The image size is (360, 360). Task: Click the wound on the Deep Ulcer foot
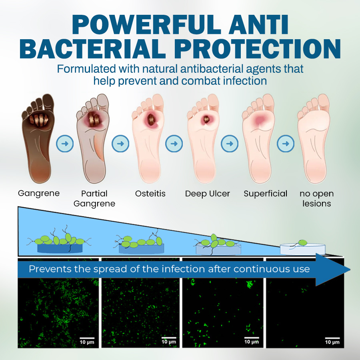click(x=207, y=118)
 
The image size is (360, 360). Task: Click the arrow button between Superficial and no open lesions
click(x=286, y=144)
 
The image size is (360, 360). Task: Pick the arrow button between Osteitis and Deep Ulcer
click(x=174, y=144)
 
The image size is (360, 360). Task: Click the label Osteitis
click(x=150, y=194)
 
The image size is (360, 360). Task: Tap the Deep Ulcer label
click(x=208, y=194)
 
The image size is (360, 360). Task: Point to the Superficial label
click(x=266, y=194)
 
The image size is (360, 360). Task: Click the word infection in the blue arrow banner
click(x=184, y=269)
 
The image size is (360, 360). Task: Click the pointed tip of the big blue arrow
click(x=349, y=270)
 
